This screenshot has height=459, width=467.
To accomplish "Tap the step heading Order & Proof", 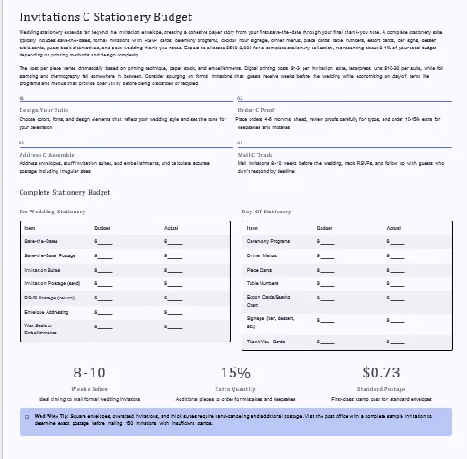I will [x=260, y=109].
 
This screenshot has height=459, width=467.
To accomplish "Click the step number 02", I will [x=240, y=98].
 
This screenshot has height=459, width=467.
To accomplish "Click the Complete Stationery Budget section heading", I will [x=65, y=193].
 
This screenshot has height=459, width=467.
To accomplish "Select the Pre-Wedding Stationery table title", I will [x=52, y=212].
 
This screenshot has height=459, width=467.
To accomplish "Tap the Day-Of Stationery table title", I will [x=267, y=212].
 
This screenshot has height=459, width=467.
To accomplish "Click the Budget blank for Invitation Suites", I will [x=105, y=270].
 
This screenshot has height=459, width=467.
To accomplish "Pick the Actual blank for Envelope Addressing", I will [x=174, y=313].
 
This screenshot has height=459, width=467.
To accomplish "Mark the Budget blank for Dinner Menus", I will [x=327, y=255].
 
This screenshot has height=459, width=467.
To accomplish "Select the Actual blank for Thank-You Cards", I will [x=396, y=342].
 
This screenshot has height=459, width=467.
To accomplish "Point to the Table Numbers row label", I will [x=263, y=284].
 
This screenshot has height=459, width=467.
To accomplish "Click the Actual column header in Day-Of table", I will [x=393, y=228].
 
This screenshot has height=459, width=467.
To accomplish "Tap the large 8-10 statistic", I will [x=89, y=372].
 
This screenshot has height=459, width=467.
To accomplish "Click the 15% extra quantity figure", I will [x=234, y=372].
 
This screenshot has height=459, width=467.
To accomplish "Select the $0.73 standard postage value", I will [x=381, y=372].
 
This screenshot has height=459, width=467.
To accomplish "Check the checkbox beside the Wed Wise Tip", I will [x=27, y=417].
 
